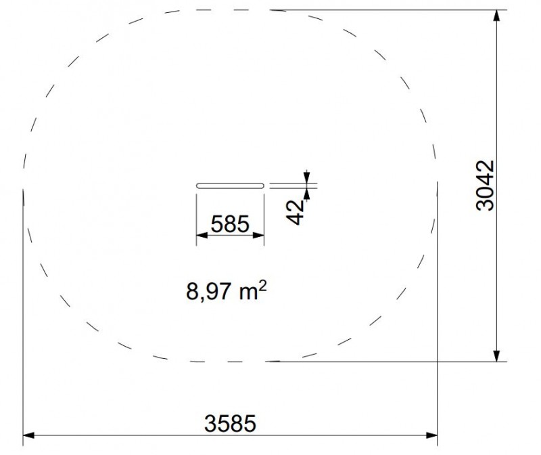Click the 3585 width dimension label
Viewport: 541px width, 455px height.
230,424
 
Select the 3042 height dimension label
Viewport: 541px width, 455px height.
485,185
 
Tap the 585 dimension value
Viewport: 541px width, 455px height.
230,223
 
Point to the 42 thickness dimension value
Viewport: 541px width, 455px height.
296,213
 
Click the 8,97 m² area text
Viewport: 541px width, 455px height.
227,291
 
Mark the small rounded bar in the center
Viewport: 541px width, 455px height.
230,186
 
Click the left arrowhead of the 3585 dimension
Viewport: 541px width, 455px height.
28,435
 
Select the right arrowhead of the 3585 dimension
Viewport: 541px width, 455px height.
431,435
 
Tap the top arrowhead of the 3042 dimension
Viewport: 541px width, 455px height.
496,16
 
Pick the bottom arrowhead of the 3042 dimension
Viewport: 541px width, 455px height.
496,356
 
